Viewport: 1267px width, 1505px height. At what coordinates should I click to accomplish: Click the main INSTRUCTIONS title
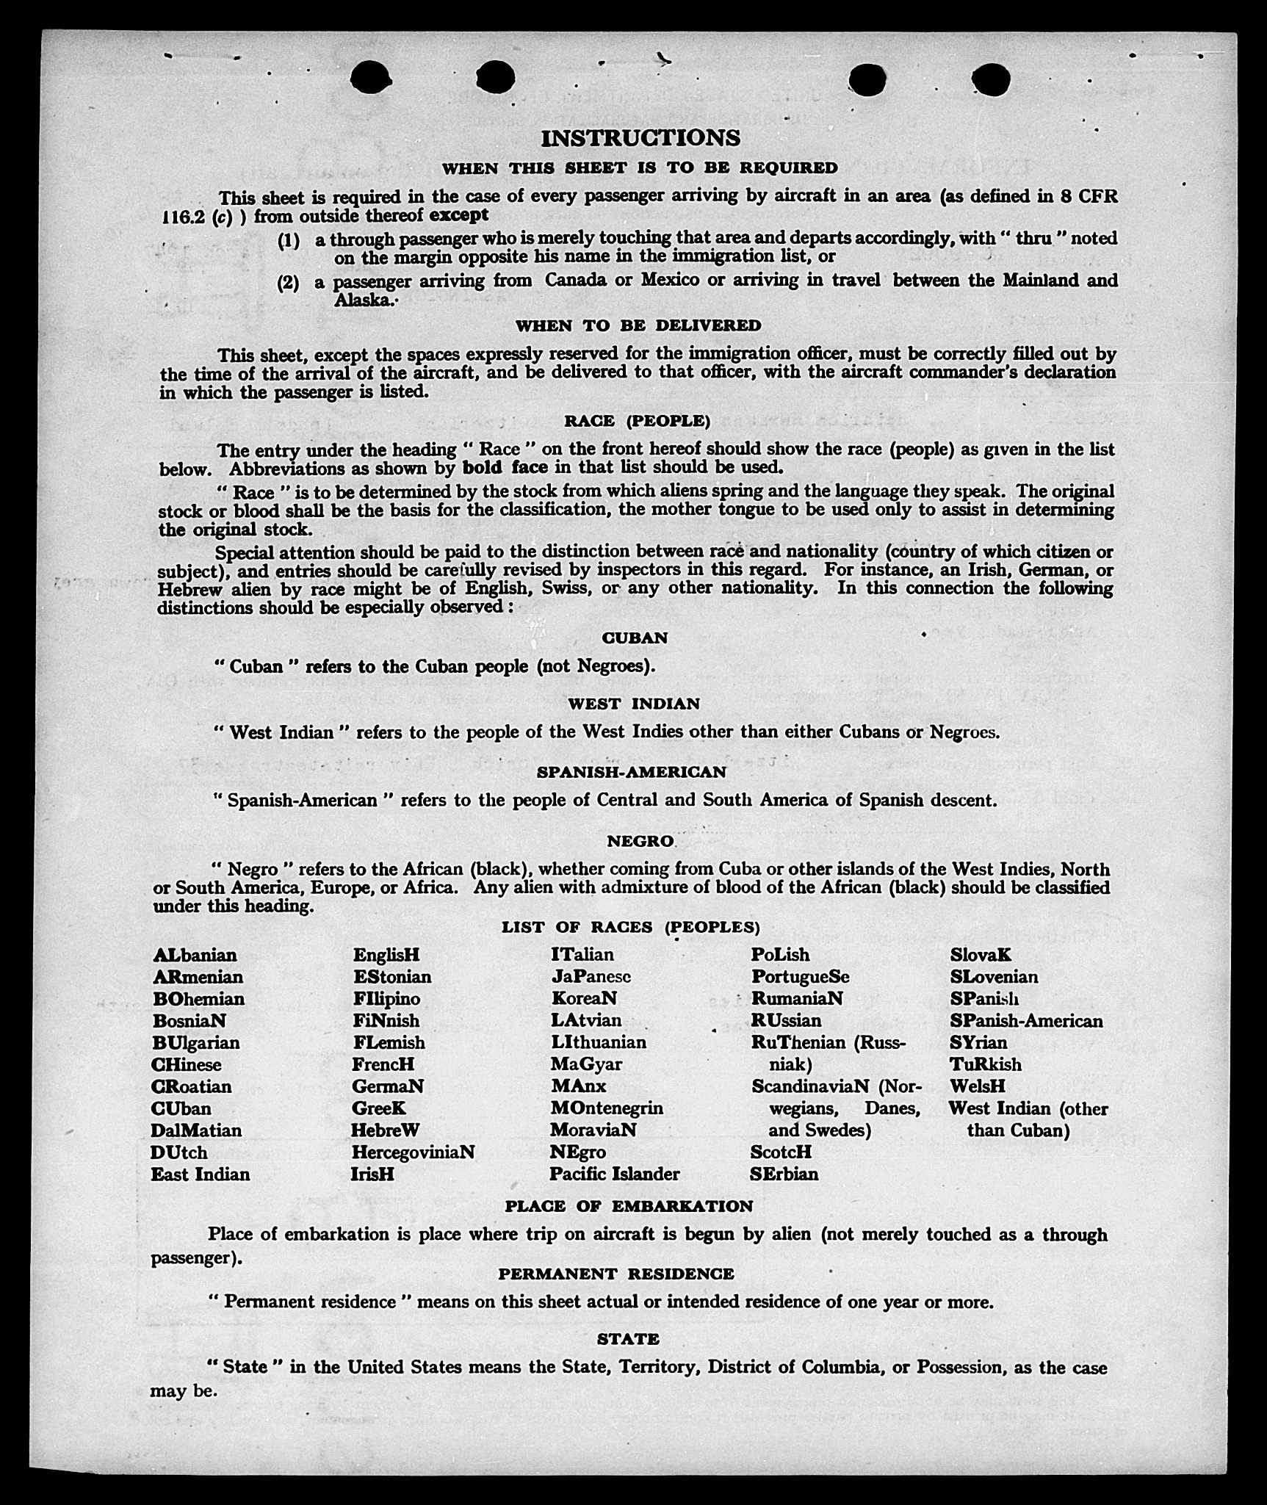640,138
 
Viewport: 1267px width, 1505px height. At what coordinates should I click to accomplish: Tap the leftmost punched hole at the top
371,77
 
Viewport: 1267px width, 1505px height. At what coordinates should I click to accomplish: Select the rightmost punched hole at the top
991,79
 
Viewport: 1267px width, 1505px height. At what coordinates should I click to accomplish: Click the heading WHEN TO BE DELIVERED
638,325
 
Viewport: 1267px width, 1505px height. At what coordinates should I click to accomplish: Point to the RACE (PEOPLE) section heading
637,421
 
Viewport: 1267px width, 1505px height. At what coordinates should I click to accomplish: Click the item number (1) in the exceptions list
289,241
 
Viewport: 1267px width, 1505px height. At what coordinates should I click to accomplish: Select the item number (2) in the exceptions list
288,283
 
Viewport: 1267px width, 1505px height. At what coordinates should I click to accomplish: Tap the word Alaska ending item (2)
361,300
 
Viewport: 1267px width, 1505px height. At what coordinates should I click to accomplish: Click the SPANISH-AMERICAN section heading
631,772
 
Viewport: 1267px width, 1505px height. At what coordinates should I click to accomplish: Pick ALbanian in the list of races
195,955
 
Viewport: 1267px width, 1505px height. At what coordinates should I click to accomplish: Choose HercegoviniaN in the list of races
413,1152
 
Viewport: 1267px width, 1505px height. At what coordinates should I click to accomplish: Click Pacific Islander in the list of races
614,1174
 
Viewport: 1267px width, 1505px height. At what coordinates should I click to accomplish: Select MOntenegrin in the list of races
607,1108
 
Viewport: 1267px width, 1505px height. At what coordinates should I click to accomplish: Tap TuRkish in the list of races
985,1064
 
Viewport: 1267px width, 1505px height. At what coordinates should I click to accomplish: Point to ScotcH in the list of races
781,1152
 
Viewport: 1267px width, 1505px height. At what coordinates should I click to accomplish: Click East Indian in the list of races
200,1174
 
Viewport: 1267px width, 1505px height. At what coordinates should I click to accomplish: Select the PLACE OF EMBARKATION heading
629,1206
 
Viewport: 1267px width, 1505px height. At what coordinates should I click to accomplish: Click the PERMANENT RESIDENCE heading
616,1274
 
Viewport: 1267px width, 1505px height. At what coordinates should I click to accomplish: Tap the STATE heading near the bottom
628,1339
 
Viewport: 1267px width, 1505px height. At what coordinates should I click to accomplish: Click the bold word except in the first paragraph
459,215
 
